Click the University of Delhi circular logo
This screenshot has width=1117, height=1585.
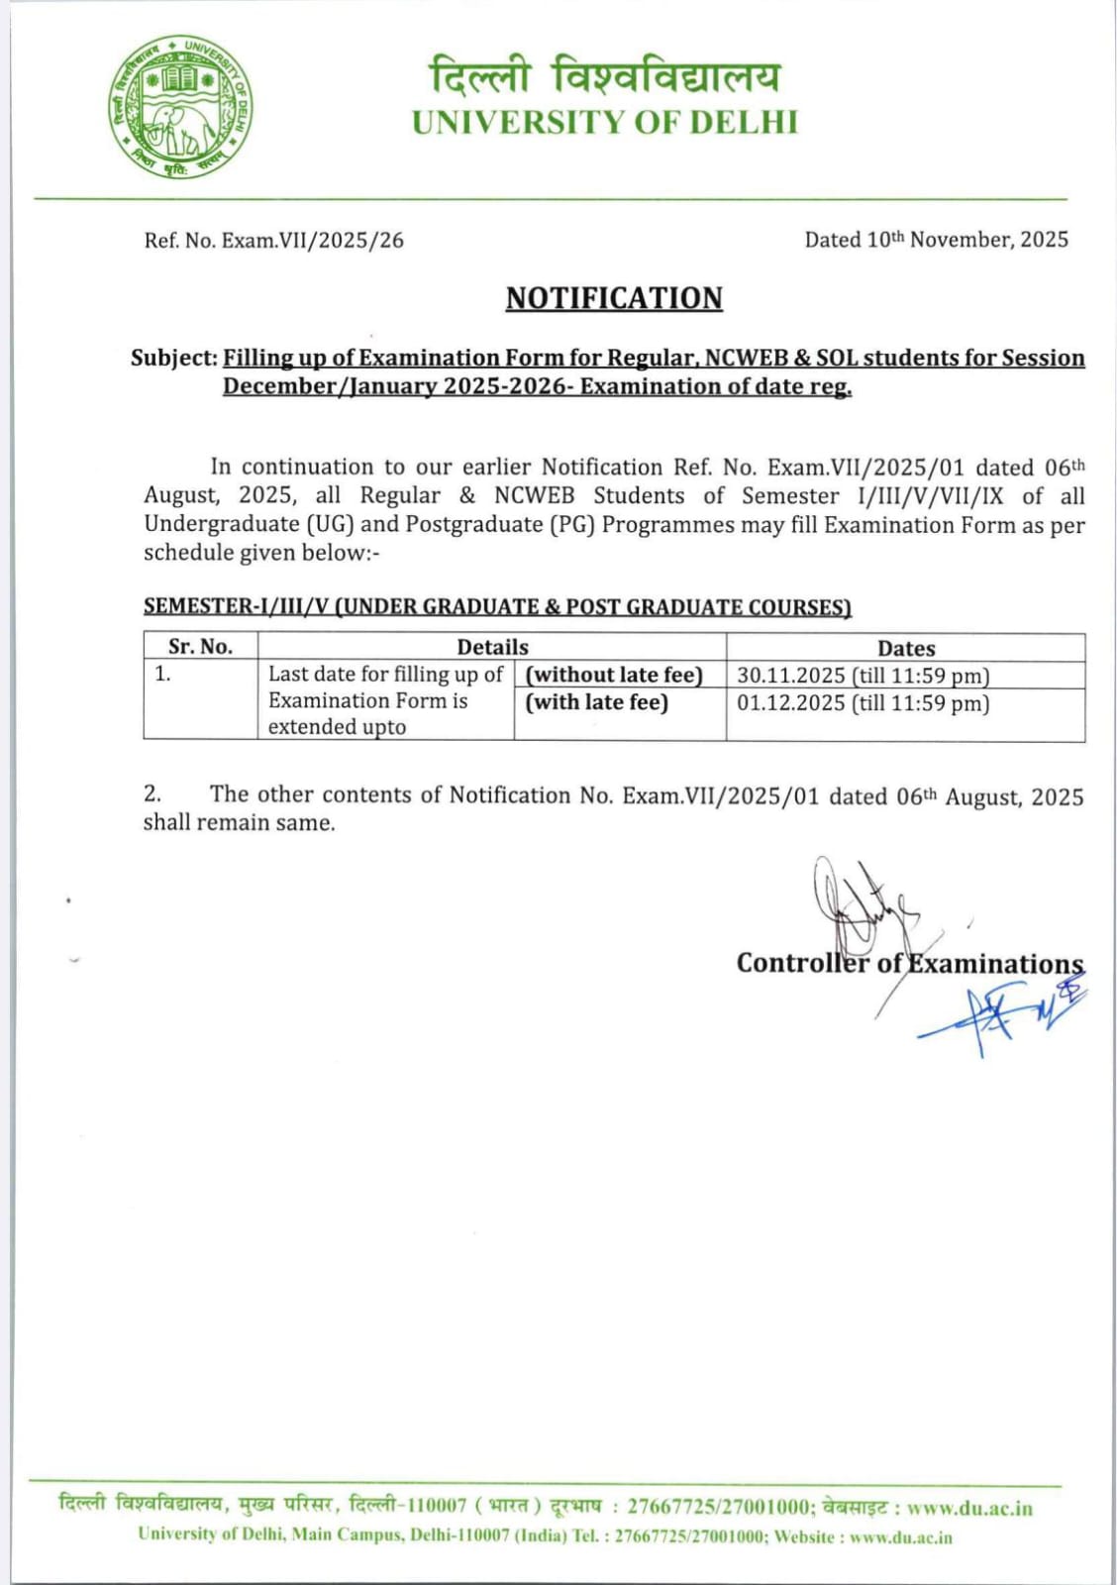point(179,107)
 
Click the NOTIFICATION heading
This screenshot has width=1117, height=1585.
point(614,298)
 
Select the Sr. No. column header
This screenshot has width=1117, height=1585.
point(200,647)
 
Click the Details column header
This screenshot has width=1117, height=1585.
point(492,647)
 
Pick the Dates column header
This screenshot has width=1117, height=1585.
point(905,648)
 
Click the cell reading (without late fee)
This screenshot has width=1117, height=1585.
point(614,675)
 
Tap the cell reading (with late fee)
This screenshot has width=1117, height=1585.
point(596,702)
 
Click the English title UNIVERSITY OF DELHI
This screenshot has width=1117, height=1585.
point(604,123)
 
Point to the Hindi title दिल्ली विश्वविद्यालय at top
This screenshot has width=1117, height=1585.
point(604,75)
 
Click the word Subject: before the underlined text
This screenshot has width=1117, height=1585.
point(174,358)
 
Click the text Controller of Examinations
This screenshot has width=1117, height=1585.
point(909,964)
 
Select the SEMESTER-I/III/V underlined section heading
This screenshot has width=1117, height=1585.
point(497,606)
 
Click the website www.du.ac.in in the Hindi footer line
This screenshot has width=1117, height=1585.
point(969,1508)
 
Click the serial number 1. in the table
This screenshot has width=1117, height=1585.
point(162,675)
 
